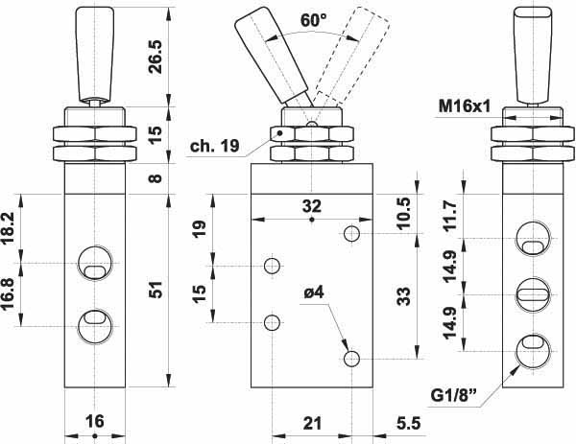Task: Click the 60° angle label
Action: coord(313,20)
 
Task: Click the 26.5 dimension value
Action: coord(156,57)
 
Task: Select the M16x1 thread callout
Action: coord(465,106)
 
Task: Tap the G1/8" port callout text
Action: coord(454,395)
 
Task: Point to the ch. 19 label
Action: coord(214,146)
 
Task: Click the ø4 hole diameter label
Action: coord(314,292)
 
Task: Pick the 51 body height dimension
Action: coord(156,290)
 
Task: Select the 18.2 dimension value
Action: coord(8,228)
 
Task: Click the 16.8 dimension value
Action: coord(8,294)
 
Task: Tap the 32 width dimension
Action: coord(312,206)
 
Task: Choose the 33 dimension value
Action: coord(403,296)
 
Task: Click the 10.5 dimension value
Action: coord(403,213)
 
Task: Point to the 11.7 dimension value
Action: coord(449,216)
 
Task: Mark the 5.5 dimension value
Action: coord(409,424)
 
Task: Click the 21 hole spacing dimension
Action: coord(312,424)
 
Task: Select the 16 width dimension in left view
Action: coord(95,421)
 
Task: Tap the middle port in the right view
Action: coord(533,294)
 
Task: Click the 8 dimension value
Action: coord(156,178)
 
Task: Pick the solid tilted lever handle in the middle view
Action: coord(271,55)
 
